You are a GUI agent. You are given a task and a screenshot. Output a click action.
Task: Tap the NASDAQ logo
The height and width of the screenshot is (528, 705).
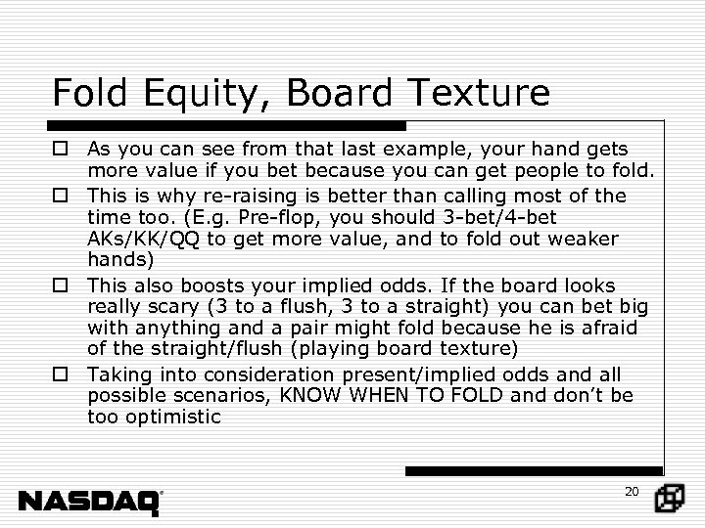pos(90,502)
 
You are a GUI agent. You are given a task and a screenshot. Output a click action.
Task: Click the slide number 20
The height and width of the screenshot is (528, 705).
pos(631,491)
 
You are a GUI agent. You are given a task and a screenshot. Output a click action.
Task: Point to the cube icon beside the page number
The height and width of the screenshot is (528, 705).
pos(670,499)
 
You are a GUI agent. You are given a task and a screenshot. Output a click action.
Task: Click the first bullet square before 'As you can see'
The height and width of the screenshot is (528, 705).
pos(61,151)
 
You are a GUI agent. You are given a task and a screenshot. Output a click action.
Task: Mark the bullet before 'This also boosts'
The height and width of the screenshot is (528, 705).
pos(61,286)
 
